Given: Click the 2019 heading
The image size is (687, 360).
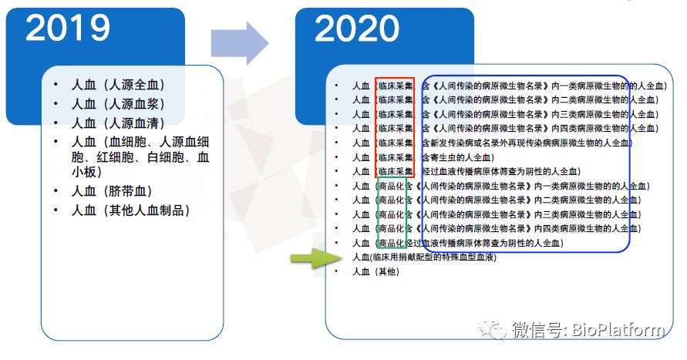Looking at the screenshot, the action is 68,28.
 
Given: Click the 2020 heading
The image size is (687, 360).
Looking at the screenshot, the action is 357,29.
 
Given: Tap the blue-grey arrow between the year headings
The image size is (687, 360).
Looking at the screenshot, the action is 239,43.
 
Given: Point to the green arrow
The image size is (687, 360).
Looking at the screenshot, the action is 316,258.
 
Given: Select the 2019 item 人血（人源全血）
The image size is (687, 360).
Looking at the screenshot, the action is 118,85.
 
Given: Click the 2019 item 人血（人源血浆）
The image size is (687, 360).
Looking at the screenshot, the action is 118,104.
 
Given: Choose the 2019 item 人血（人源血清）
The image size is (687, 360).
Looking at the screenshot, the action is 118,123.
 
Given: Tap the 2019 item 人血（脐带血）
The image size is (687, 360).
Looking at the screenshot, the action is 112,191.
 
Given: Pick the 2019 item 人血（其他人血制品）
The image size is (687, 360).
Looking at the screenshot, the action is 131,210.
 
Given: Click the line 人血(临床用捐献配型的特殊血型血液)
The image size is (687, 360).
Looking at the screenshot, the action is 425,257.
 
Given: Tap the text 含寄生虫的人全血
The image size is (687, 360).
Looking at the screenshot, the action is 456,157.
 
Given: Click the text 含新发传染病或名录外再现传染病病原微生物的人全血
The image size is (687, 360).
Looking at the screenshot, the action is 525,143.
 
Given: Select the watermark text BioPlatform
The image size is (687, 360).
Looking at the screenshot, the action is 618,329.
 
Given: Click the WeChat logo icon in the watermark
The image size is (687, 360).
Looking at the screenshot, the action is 492,329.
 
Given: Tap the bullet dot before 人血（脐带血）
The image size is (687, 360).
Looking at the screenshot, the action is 56,190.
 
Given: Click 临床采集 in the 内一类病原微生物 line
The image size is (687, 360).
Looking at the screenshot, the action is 396,86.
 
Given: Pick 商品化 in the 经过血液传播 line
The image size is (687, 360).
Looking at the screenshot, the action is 392,243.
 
